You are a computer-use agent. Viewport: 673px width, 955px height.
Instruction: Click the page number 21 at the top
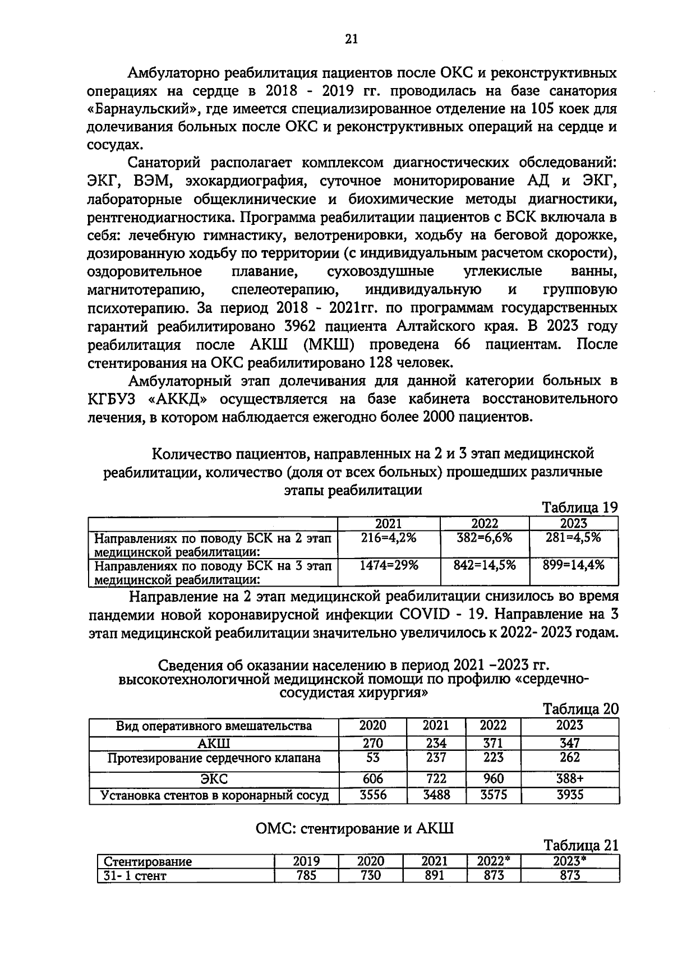pos(351,39)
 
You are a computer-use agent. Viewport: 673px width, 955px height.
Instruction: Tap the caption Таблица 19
pos(579,508)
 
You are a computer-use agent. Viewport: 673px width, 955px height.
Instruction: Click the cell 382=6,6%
pos(485,537)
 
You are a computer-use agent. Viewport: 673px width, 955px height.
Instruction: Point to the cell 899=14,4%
pos(574,565)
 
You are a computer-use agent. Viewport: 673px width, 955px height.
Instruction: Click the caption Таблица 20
pos(580,709)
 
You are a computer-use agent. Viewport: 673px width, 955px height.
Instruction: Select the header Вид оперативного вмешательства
pos(214,726)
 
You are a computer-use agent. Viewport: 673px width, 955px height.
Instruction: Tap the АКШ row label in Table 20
pos(214,744)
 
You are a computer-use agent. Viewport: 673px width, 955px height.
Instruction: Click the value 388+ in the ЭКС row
pos(569,779)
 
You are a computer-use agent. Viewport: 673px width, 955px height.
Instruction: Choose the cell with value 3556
pos(372,795)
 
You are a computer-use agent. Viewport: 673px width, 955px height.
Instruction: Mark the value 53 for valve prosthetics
pos(372,758)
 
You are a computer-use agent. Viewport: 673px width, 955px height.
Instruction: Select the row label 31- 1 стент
pos(135,875)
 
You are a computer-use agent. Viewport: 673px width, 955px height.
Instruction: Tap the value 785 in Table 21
pos(306,875)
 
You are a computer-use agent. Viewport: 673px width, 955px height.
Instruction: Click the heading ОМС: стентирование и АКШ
pos(354,828)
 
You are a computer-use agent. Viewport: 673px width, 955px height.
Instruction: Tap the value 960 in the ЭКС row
pos(493,779)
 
